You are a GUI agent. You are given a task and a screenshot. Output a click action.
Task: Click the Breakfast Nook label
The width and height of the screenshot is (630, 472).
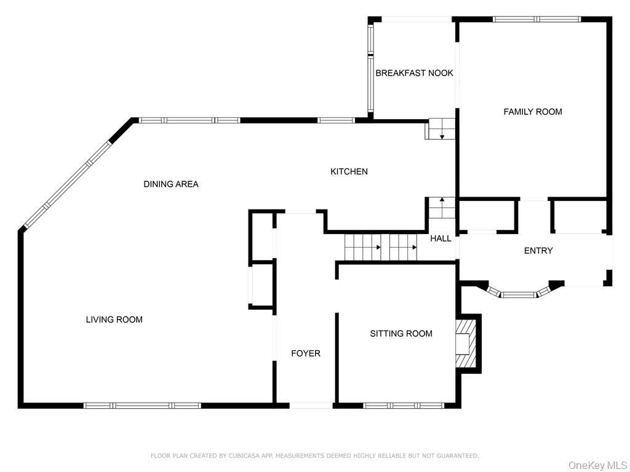(414, 73)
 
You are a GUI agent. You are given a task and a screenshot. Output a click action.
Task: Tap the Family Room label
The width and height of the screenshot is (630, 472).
(533, 112)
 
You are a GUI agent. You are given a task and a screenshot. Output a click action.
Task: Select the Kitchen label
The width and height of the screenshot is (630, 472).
(349, 171)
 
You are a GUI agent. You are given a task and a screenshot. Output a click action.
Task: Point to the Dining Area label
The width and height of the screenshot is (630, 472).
(171, 184)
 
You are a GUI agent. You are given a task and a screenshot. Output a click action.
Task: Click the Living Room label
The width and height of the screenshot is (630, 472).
(114, 320)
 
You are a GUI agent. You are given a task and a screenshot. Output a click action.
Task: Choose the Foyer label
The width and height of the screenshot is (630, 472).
(306, 353)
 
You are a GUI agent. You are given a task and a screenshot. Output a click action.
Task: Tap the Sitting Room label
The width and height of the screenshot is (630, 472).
(401, 334)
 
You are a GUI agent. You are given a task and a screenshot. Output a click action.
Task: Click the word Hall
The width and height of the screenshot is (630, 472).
(441, 238)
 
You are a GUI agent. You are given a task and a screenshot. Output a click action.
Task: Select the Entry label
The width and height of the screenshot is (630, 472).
(538, 251)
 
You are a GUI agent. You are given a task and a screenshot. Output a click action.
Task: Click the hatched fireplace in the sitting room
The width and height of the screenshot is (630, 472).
(467, 344)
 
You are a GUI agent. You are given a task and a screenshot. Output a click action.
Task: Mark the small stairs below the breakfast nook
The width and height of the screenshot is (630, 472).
(441, 129)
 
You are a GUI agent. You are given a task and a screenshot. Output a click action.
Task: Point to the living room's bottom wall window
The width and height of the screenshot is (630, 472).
(142, 406)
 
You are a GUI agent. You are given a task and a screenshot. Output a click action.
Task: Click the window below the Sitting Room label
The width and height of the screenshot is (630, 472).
(403, 406)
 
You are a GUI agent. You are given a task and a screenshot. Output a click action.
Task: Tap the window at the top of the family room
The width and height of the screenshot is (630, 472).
(536, 19)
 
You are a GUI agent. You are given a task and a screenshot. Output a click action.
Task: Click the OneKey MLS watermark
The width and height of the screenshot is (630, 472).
(597, 465)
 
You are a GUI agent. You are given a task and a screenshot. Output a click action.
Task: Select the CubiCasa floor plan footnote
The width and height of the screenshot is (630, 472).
(314, 456)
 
